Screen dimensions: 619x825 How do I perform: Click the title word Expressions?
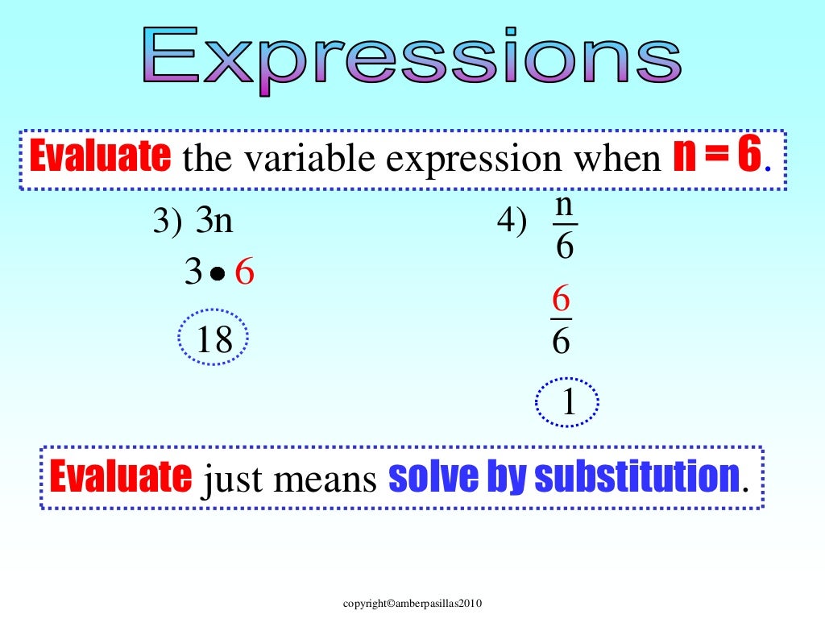(x=412, y=56)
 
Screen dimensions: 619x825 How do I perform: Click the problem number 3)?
(x=168, y=222)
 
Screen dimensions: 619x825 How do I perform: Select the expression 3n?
(x=214, y=221)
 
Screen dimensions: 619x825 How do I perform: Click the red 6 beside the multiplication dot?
(x=244, y=274)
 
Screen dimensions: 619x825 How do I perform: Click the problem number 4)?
(x=512, y=222)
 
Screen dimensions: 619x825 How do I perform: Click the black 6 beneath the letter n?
(x=564, y=246)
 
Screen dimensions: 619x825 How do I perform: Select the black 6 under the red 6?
(x=561, y=342)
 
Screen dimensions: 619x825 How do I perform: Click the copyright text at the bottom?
(x=412, y=603)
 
